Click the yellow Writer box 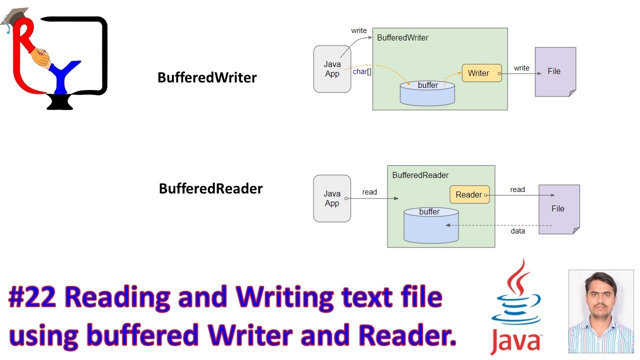click(481, 73)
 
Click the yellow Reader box click(469, 194)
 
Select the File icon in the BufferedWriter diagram click(554, 71)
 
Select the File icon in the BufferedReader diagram click(558, 208)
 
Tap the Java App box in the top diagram click(332, 69)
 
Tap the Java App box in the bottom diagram click(332, 198)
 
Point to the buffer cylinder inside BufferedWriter click(427, 94)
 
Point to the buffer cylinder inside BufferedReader click(430, 226)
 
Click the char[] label click(362, 71)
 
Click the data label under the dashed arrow click(517, 231)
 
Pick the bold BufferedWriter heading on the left click(207, 77)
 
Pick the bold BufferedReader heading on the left click(210, 188)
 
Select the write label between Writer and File click(521, 68)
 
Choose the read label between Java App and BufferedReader click(369, 192)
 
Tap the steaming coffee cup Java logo click(516, 305)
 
